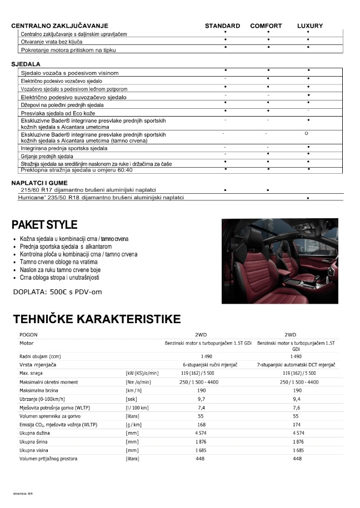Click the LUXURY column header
click(x=310, y=26)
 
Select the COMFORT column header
click(x=266, y=26)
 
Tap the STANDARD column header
click(x=222, y=26)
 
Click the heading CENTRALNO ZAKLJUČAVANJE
click(x=59, y=26)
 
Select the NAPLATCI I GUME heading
click(x=41, y=183)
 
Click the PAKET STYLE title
click(x=44, y=225)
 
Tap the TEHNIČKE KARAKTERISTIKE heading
click(x=96, y=319)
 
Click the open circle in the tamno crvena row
click(x=307, y=134)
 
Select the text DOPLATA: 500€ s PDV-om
click(x=57, y=291)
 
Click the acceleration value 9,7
click(x=202, y=399)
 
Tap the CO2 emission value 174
click(x=297, y=424)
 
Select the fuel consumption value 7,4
click(x=202, y=407)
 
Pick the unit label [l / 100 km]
click(x=138, y=407)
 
